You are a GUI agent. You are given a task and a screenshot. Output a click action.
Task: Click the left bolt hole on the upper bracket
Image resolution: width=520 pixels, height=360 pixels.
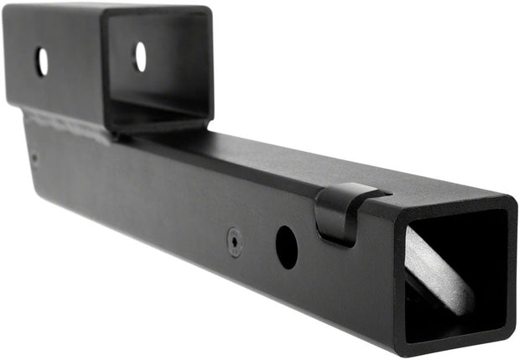pos(41,61)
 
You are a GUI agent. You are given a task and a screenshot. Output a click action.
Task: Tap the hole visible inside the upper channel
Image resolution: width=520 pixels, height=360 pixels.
pos(140,56)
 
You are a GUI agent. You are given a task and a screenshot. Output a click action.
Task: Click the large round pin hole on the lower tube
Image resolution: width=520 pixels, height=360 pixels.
pos(286,248)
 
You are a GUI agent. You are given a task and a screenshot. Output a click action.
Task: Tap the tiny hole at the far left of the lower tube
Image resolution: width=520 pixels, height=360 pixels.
pos(34,156)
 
